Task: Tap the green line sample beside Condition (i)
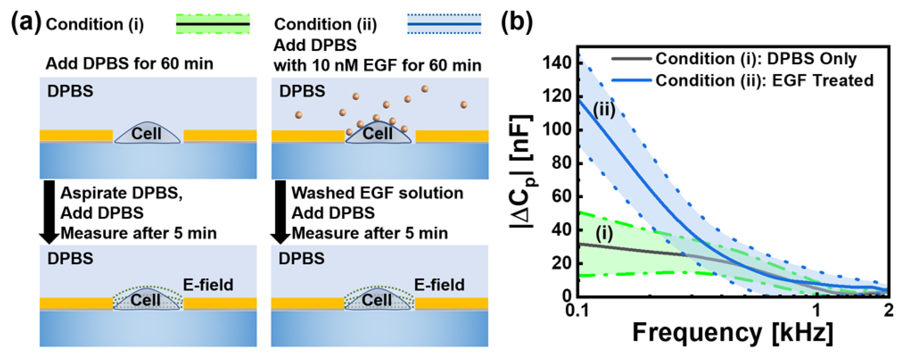click(x=213, y=24)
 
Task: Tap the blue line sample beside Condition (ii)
click(x=444, y=24)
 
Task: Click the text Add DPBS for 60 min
click(x=129, y=64)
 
